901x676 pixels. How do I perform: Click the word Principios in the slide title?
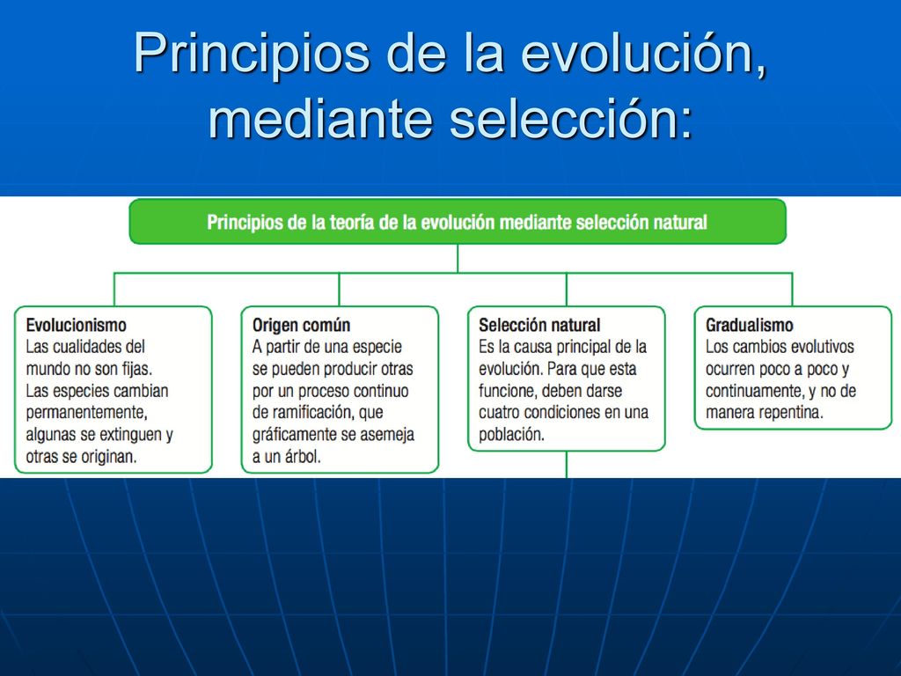(x=252, y=54)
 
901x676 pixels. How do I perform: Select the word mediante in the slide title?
(x=320, y=119)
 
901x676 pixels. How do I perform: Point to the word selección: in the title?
(x=572, y=119)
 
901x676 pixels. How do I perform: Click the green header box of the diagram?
(x=458, y=222)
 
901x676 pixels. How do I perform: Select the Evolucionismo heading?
(x=76, y=326)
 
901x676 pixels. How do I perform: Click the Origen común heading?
(x=301, y=326)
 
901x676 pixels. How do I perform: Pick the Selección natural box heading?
(x=539, y=326)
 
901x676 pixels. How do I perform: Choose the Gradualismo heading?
(x=750, y=326)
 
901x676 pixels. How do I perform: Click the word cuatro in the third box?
(x=499, y=413)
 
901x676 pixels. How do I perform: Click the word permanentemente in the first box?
(x=87, y=413)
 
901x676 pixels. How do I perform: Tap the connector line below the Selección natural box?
(x=567, y=465)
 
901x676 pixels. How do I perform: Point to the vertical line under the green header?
(x=458, y=259)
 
